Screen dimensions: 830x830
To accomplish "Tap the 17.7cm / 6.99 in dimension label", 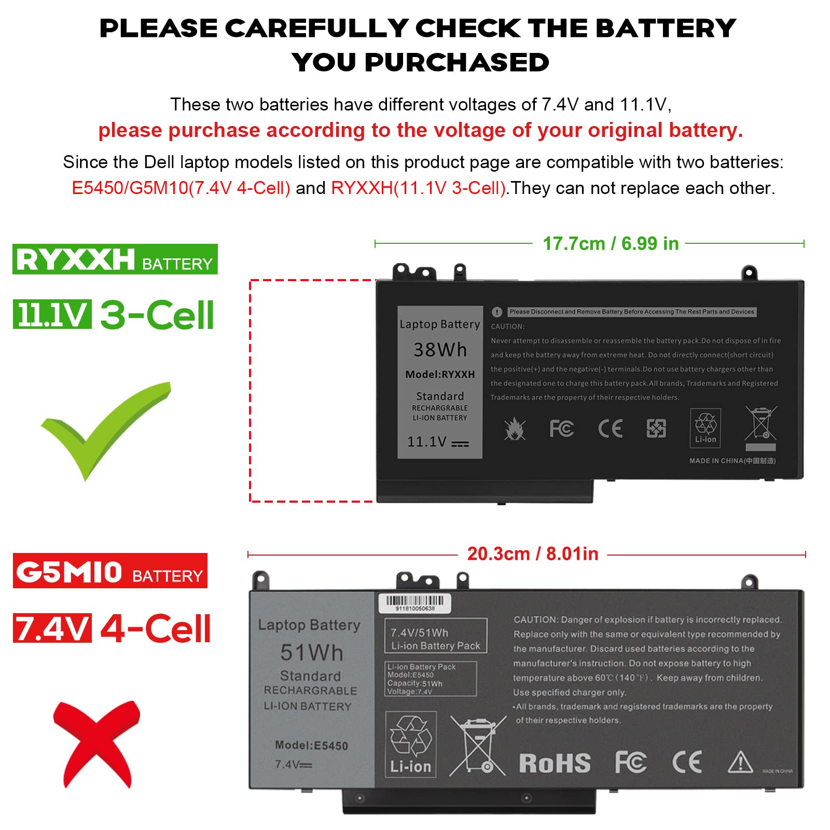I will tap(611, 243).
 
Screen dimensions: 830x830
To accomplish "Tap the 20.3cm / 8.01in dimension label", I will tap(533, 554).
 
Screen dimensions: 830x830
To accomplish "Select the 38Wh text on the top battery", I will tap(440, 350).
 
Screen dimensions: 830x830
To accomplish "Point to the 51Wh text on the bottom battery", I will tap(312, 653).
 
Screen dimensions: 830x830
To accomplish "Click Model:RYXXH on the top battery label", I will tap(440, 375).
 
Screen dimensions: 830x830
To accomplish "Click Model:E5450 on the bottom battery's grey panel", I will tap(311, 745).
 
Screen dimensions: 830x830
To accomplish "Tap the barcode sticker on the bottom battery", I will tap(414, 603).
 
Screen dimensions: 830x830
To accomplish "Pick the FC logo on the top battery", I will tap(561, 428).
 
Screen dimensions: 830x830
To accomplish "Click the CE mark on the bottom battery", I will tap(687, 762).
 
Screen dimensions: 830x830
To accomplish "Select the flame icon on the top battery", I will tap(515, 429).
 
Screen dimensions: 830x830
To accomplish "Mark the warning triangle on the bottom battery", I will tap(740, 762).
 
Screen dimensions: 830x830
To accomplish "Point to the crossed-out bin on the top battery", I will tap(760, 424).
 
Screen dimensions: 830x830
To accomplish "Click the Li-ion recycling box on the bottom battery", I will tap(411, 744).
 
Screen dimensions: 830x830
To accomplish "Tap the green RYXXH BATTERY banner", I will tap(115, 259).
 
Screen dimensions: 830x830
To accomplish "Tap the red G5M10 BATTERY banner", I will tap(110, 571).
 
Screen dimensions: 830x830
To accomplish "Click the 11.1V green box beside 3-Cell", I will tap(52, 314).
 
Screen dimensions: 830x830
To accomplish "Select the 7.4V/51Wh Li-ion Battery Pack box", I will tap(436, 635).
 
